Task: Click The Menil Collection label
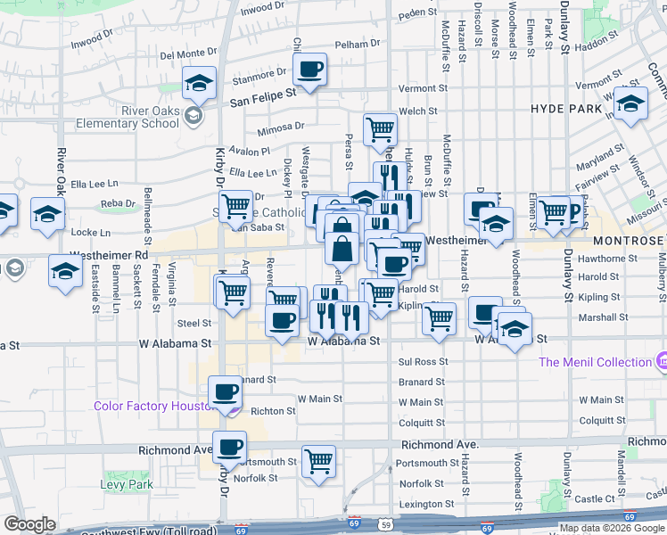(595, 362)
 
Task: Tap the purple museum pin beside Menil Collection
(661, 361)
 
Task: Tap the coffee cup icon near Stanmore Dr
(309, 70)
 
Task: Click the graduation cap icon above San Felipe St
(198, 84)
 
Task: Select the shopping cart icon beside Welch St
(381, 128)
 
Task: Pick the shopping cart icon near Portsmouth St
(318, 461)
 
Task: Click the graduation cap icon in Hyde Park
(630, 105)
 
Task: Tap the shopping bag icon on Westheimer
(342, 247)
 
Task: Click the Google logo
(29, 524)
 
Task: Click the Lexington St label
(422, 505)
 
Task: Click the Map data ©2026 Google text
(611, 528)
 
